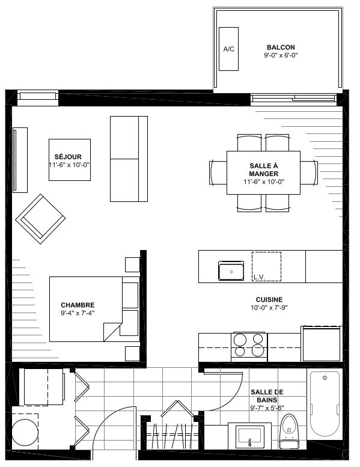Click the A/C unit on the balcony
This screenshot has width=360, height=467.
[x=228, y=49]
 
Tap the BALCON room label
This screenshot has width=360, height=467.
[x=281, y=47]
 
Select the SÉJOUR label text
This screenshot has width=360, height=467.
[x=68, y=157]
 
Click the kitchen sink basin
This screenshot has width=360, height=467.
[x=231, y=270]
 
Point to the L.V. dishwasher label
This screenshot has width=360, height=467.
[x=259, y=277]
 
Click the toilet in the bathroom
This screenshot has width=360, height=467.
[x=289, y=431]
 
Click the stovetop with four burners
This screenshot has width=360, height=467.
[x=249, y=346]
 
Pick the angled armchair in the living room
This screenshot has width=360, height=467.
[x=40, y=219]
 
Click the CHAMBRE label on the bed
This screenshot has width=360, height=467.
[x=78, y=305]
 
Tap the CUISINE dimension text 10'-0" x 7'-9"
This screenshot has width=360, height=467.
[x=269, y=308]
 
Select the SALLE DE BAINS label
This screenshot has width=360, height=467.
[x=267, y=396]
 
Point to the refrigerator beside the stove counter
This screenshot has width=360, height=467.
[x=322, y=343]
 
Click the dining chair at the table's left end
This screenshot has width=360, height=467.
[x=218, y=172]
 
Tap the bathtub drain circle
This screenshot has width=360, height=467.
[x=325, y=377]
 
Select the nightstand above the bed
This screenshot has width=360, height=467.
[x=132, y=264]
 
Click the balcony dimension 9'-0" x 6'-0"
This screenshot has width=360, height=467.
[x=281, y=55]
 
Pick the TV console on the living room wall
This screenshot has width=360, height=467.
[x=20, y=160]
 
